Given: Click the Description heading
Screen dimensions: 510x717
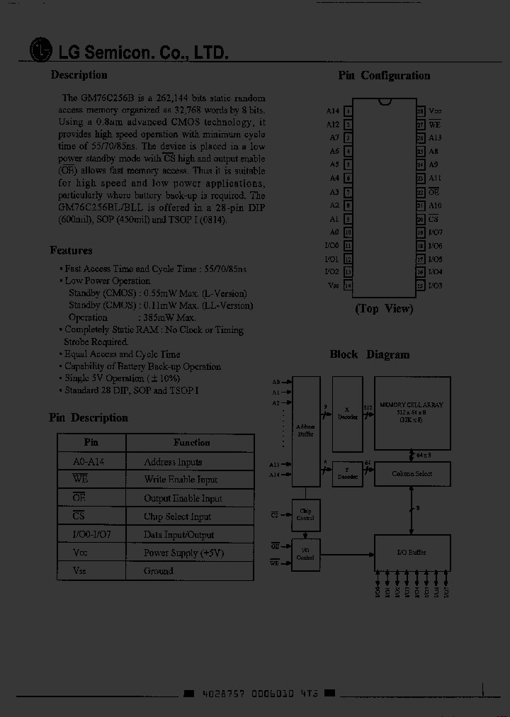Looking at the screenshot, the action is (x=79, y=75).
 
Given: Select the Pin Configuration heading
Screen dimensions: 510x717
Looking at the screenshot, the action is (x=384, y=76).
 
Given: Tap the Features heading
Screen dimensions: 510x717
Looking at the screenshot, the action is (x=71, y=250).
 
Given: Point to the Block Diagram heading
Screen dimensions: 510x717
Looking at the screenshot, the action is (x=370, y=354).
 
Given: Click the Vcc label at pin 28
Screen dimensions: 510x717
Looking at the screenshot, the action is (x=435, y=111).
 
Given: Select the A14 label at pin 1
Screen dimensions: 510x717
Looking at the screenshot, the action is (x=333, y=111).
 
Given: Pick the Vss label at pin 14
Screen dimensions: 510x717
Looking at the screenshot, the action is (x=334, y=285).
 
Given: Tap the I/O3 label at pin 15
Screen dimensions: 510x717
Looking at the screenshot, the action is (x=435, y=286).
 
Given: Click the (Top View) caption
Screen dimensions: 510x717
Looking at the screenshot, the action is (x=384, y=309).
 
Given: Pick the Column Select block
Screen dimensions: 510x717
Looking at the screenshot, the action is (x=412, y=473).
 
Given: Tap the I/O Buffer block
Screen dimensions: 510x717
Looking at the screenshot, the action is (x=412, y=552).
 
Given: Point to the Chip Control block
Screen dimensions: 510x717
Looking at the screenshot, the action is (x=306, y=514).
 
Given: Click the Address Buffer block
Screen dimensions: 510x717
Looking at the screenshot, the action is (x=306, y=431).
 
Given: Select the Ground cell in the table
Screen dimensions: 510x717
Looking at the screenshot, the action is (x=159, y=571).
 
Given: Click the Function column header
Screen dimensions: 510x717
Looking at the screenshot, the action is (x=191, y=443).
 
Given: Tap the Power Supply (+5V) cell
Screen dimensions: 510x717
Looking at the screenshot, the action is (x=183, y=553).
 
